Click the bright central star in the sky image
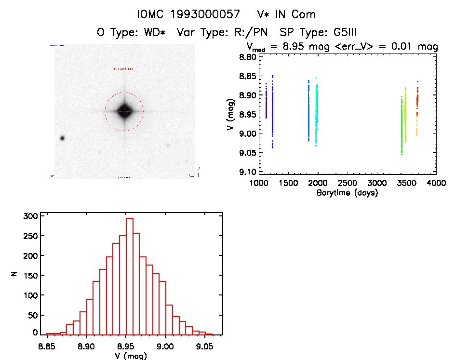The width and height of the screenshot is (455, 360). click(124, 111)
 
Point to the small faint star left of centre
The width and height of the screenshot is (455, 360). click(62, 138)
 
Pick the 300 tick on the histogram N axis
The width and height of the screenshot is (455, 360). click(30, 216)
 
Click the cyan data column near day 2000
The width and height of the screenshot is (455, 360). click(317, 113)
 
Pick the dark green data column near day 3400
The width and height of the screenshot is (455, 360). click(401, 125)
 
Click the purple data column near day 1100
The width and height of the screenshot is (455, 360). click(266, 101)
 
